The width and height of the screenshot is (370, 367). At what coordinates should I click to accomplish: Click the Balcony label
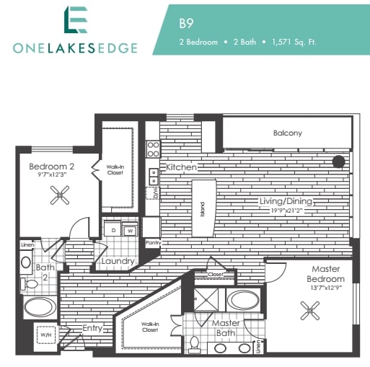coord(287,133)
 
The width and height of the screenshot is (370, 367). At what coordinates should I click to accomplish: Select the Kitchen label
coord(181,167)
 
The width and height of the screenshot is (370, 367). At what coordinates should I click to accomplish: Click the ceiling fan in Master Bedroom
coord(312,311)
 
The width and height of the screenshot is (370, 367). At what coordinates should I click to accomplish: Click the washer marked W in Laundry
coord(130,231)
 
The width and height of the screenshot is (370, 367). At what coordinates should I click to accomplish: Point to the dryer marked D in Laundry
coord(114,230)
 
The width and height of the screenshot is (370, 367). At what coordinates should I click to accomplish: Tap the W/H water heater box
coord(45,335)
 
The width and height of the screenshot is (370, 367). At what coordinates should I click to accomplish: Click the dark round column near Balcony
coord(338,162)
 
